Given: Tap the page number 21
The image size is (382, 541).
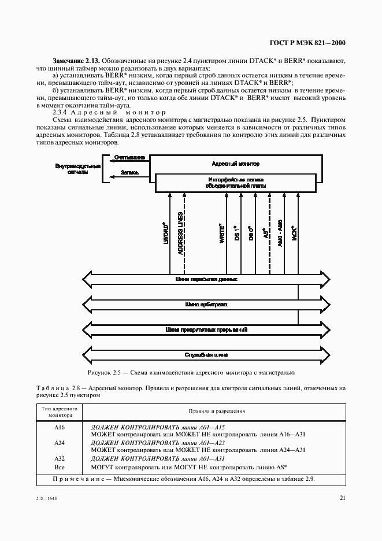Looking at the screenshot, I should (343, 499).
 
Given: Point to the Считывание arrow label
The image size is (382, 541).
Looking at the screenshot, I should (125, 157).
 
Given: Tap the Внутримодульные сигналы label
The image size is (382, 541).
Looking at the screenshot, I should (77, 168).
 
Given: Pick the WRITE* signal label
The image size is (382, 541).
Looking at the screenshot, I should (221, 235).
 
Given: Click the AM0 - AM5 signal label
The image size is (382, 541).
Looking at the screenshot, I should (280, 234).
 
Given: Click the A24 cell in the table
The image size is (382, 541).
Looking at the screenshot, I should (59, 443).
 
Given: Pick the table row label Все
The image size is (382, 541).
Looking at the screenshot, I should (59, 466).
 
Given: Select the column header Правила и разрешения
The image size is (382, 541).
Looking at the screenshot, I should (217, 411).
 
